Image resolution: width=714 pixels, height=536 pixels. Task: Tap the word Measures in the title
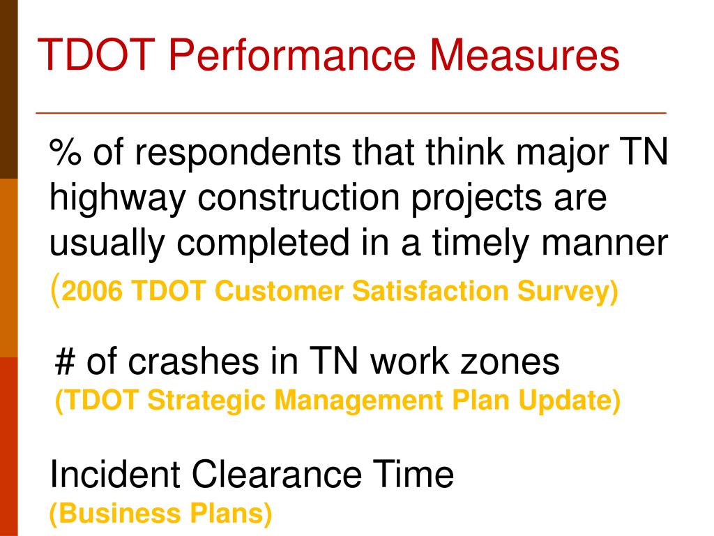pyautogui.click(x=525, y=56)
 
